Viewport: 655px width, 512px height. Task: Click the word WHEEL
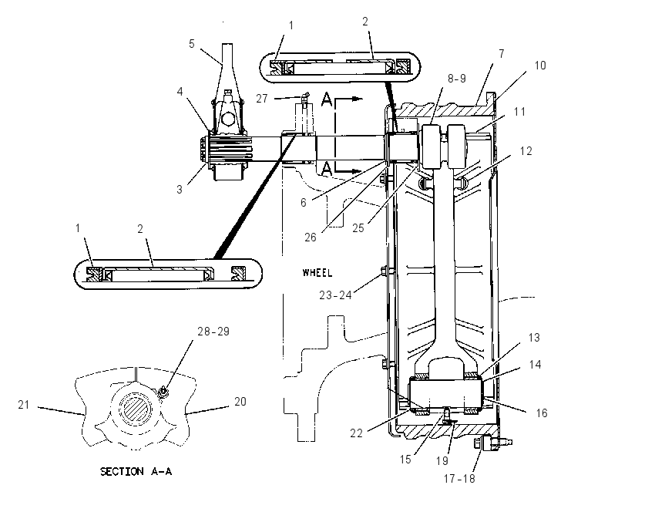[x=317, y=273]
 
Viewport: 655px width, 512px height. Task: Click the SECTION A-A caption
[x=136, y=471]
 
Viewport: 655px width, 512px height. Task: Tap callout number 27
[x=262, y=99]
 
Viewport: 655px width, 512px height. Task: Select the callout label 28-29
[x=213, y=332]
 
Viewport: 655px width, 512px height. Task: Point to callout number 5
[x=192, y=44]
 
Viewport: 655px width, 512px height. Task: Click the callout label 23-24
[x=335, y=295]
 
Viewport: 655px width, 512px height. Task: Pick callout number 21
[x=24, y=405]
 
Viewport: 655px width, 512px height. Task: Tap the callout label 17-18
[x=459, y=479]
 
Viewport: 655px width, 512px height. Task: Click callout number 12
[x=526, y=151]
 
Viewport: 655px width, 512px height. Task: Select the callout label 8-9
[x=457, y=79]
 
